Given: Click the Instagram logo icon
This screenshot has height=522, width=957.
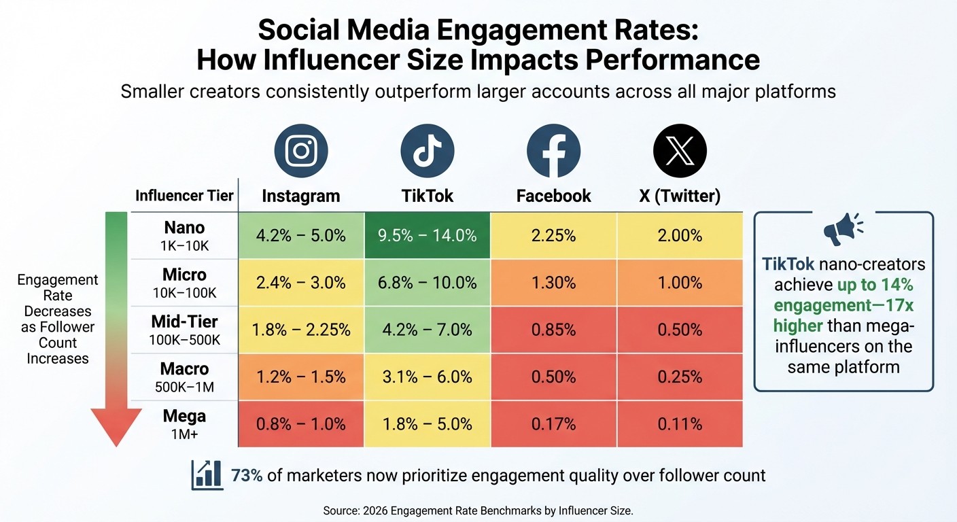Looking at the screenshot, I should tap(301, 151).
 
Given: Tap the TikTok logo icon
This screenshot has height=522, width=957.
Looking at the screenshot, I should tap(427, 151).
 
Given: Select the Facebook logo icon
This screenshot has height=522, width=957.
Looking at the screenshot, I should tap(553, 151).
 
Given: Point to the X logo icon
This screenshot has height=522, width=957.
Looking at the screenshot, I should tap(680, 151).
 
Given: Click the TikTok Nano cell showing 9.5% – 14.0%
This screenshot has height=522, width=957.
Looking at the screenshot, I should tap(427, 236).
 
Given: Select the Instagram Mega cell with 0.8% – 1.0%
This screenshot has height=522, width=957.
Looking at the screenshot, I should tap(301, 424).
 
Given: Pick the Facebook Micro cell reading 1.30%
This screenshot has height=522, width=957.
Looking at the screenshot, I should tap(554, 283).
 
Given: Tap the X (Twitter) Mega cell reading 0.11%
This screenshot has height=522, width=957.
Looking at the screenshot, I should tap(680, 424).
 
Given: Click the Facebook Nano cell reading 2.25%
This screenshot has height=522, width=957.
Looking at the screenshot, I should tap(554, 236).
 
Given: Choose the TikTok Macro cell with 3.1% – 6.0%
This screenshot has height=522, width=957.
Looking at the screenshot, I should tap(427, 377).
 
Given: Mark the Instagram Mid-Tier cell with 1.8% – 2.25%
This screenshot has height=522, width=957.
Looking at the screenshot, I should tap(301, 330).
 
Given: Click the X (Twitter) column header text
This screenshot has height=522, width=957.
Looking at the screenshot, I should tap(680, 196).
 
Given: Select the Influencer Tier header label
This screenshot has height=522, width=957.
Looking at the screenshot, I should tap(184, 196).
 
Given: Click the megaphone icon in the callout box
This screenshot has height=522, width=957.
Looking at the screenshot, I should tap(842, 231).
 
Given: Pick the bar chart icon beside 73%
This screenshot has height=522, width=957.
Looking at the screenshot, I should tap(207, 474).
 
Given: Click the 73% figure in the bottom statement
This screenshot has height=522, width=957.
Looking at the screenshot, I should tap(247, 475).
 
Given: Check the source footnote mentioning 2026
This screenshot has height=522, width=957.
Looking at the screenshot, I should tap(478, 510).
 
